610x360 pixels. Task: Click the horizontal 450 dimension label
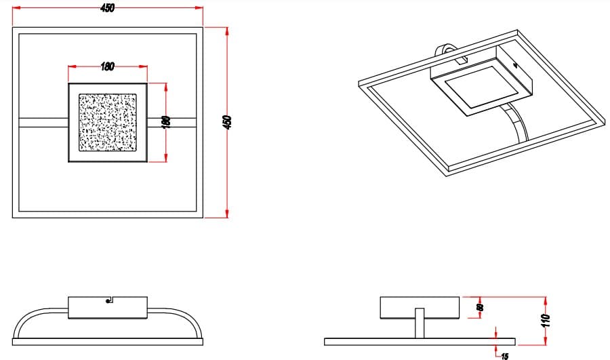107,7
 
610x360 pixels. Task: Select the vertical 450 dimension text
228,122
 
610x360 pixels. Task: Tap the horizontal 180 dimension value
107,66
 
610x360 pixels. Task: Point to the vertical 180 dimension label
167,121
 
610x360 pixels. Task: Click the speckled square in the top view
108,123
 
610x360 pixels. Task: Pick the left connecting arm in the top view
43,123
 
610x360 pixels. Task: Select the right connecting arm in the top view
173,123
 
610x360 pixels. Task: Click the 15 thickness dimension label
505,355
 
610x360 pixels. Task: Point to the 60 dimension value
480,308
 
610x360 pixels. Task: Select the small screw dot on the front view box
109,303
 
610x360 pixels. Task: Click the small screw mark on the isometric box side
516,66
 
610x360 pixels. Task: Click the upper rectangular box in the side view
420,307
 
